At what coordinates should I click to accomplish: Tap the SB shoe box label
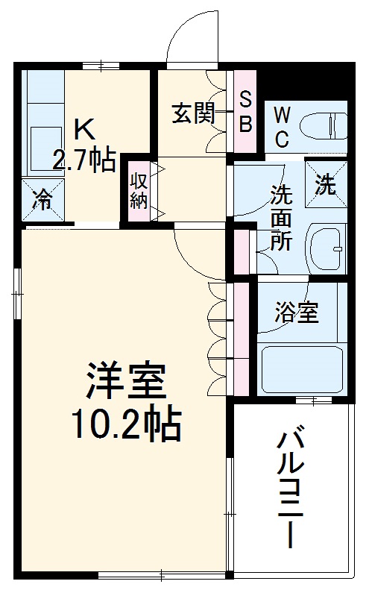click(x=245, y=113)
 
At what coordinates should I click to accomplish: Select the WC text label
click(x=282, y=126)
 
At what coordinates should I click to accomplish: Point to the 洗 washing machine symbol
click(x=325, y=185)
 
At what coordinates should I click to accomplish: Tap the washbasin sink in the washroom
click(x=327, y=248)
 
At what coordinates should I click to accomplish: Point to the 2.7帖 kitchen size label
click(x=83, y=160)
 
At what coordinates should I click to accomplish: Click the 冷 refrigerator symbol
click(x=43, y=200)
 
